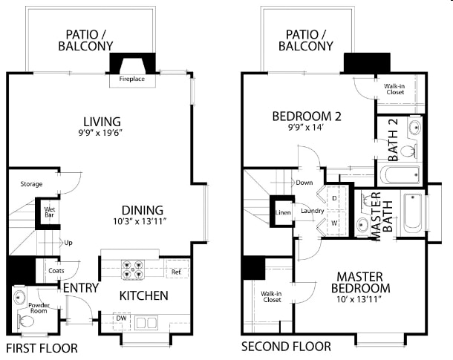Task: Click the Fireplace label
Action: (131, 79)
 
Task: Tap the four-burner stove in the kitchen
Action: (133, 269)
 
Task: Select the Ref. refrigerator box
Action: (177, 269)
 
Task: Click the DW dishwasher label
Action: (122, 318)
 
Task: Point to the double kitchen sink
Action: (146, 322)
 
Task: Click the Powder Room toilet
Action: (26, 321)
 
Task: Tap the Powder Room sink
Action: (19, 296)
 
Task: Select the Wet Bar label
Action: (50, 212)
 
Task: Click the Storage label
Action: (31, 184)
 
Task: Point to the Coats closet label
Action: (56, 271)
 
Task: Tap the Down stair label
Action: (304, 183)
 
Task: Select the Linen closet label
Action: (283, 213)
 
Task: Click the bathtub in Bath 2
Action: (400, 174)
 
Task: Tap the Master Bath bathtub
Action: (413, 213)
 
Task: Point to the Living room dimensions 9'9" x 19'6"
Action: (101, 133)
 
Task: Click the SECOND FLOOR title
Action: (286, 347)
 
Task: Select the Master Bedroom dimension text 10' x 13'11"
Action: (360, 299)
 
